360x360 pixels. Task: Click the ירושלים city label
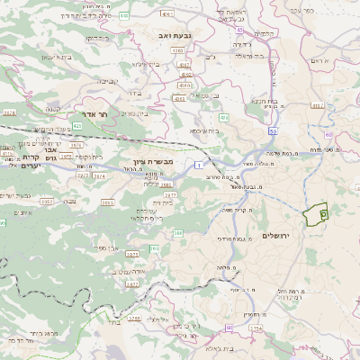pos(278,235)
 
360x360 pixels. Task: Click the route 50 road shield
pos(273,131)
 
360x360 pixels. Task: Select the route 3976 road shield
pos(76,144)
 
